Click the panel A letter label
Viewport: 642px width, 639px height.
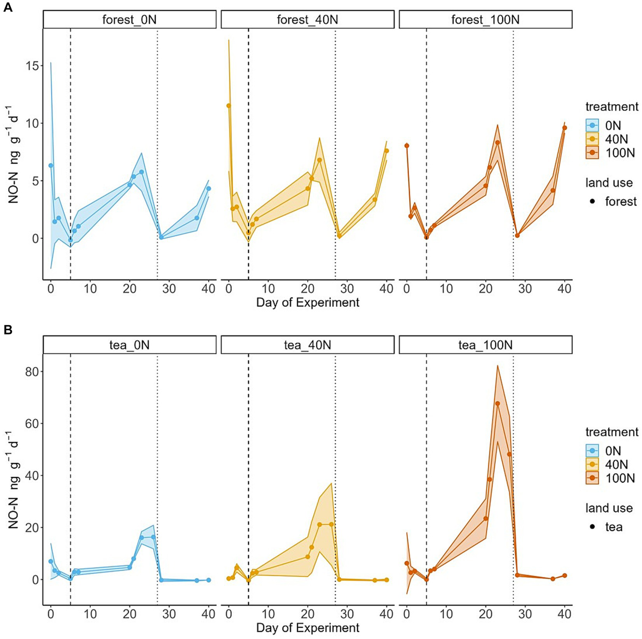pos(8,7)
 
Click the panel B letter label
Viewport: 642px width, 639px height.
pos(8,330)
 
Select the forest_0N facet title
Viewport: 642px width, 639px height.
pos(129,20)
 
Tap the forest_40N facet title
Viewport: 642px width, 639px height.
pos(307,20)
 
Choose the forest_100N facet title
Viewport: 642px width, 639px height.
pos(485,20)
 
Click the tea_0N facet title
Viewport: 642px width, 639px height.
pos(129,345)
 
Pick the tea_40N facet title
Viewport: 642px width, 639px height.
pos(307,345)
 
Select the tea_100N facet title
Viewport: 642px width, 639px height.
pos(485,345)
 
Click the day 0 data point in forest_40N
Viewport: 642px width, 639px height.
pos(229,106)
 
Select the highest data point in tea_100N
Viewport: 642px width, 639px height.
pos(497,404)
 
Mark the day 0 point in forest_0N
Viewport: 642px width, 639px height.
pos(51,166)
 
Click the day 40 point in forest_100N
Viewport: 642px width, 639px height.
pos(565,128)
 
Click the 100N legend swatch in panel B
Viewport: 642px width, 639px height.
pos(592,478)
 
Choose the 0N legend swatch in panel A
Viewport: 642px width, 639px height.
pos(592,125)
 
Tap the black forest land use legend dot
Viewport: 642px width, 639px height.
pos(592,202)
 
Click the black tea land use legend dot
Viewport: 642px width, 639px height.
pos(592,527)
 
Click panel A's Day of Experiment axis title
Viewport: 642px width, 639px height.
pos(307,303)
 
